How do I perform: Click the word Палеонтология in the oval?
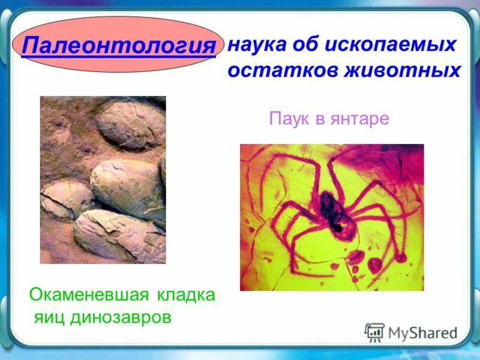pyautogui.click(x=118, y=46)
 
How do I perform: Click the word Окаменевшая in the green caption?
pyautogui.click(x=90, y=295)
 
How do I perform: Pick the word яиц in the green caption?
pyautogui.click(x=50, y=317)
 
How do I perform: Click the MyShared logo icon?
pyautogui.click(x=374, y=332)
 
